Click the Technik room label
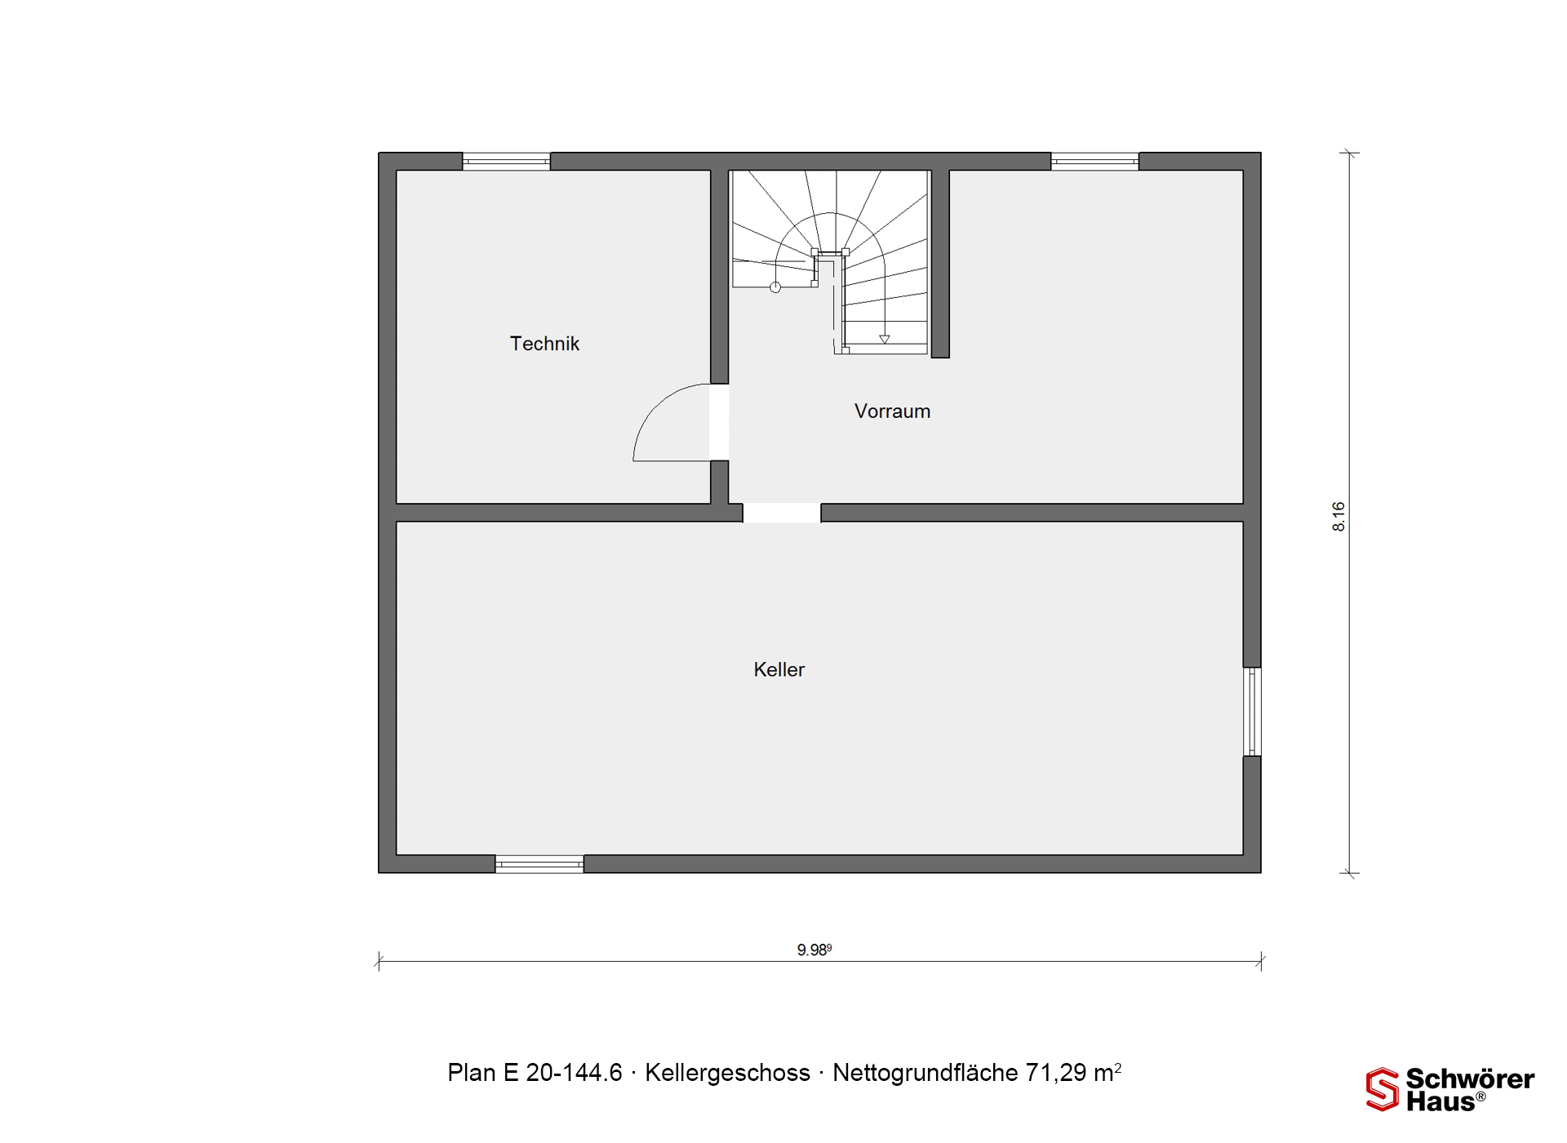[544, 344]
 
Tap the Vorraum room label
[892, 411]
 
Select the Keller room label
[779, 669]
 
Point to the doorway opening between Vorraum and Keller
[782, 513]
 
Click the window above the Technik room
[506, 162]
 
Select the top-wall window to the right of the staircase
[1094, 162]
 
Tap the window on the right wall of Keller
[1252, 712]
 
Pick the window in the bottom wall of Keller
[539, 864]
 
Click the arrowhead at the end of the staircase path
[884, 339]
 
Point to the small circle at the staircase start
[775, 287]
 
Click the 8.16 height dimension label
[1338, 517]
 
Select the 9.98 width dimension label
[814, 950]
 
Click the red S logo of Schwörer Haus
[1382, 1090]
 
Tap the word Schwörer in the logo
[1470, 1079]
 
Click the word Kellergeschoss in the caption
[727, 1073]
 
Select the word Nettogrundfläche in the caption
[926, 1073]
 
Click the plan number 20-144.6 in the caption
[574, 1073]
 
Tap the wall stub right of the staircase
[940, 264]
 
